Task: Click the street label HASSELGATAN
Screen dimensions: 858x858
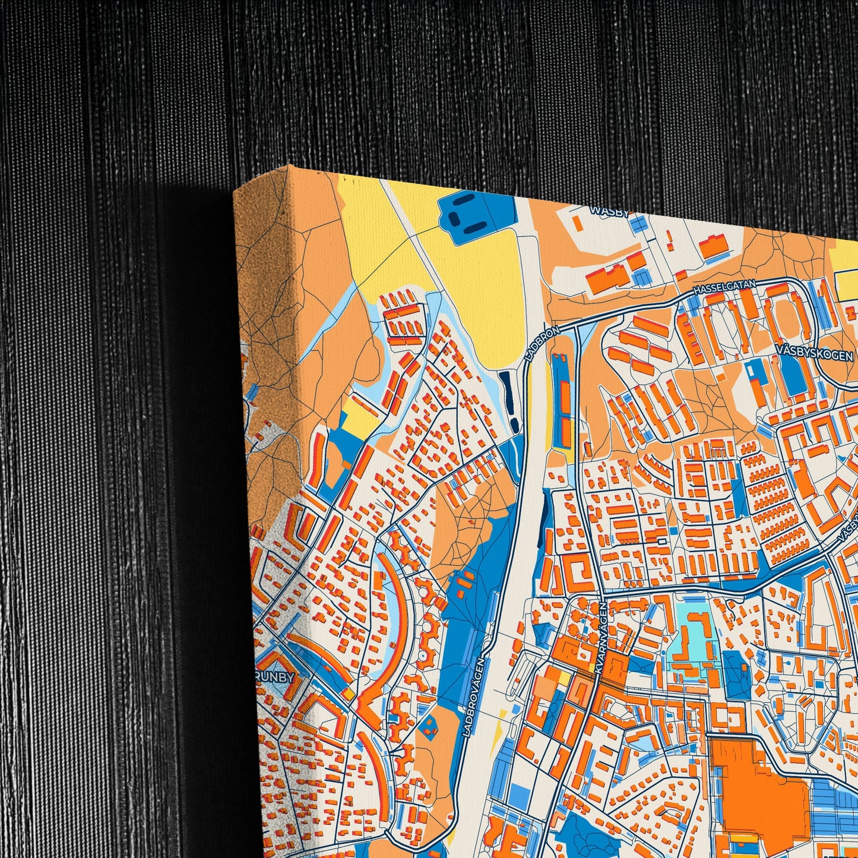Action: click(724, 287)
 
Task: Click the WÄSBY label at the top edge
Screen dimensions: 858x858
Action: click(609, 211)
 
